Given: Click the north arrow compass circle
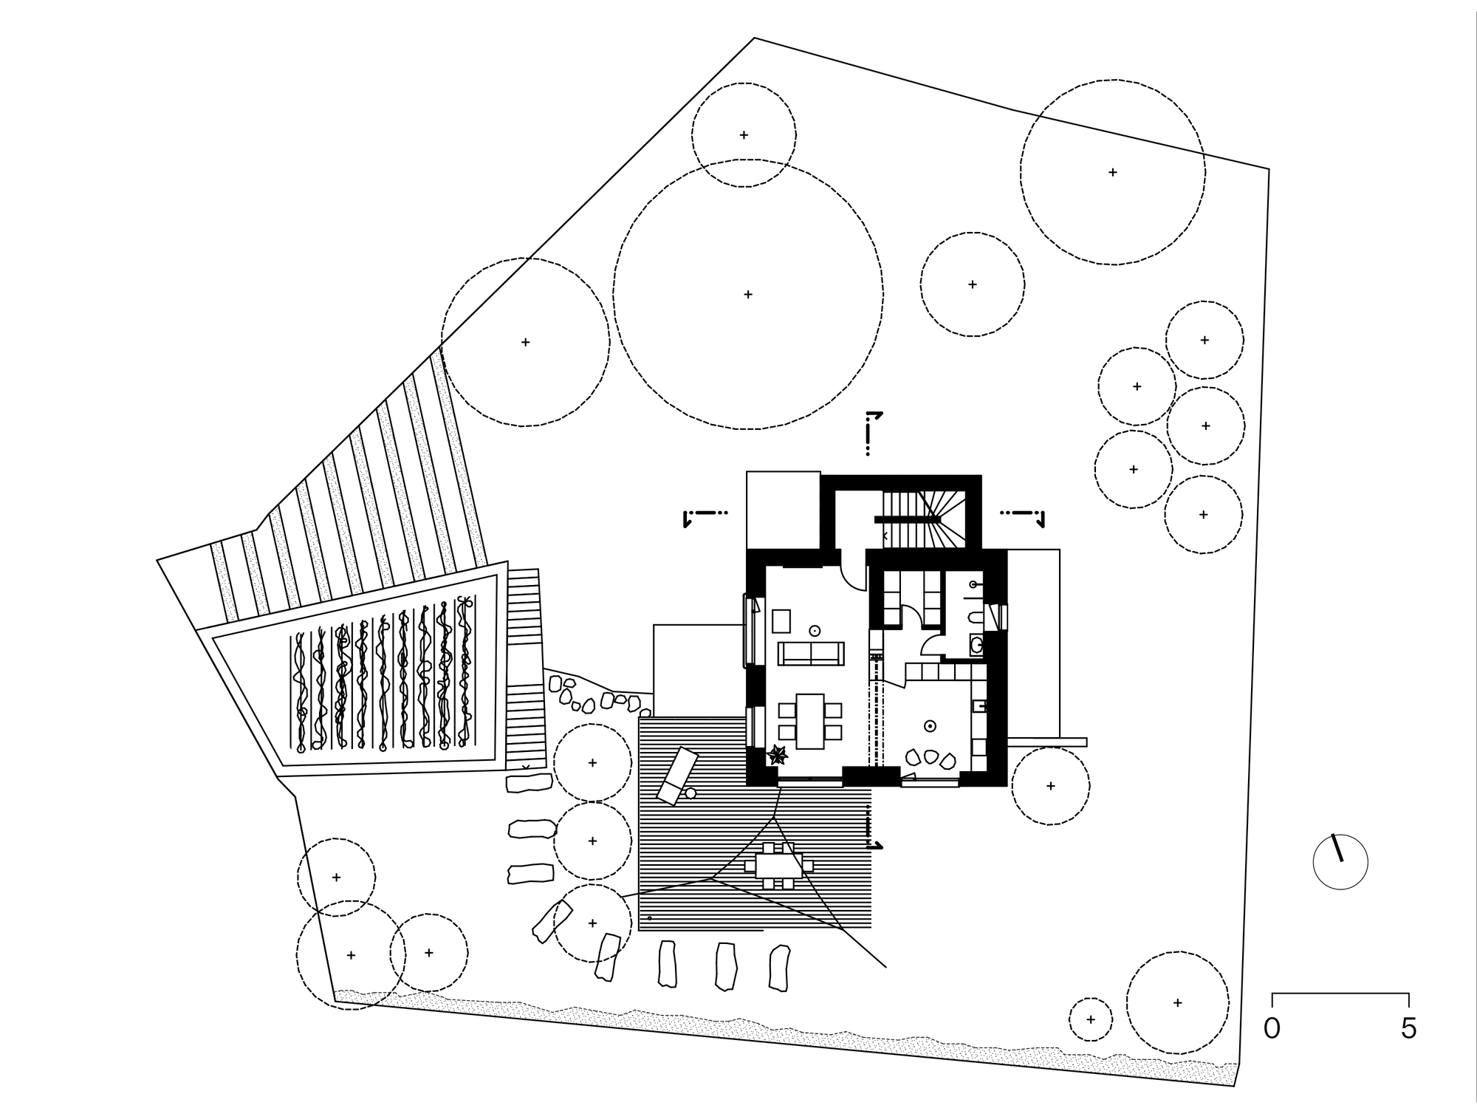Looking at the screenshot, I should [1340, 862].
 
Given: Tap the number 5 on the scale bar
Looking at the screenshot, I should [1408, 1029].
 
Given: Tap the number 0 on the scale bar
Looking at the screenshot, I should [1272, 1029].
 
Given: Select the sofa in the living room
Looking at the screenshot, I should [811, 653].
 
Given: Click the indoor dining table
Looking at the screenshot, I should [810, 721].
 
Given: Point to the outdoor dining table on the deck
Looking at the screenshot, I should [778, 865].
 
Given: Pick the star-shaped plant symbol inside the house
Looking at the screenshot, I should [777, 755].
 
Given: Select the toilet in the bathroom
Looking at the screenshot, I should [975, 618].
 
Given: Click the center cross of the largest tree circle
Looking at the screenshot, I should [748, 294].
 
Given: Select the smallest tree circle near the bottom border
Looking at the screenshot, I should [1091, 1019].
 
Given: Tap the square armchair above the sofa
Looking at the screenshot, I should [781, 620].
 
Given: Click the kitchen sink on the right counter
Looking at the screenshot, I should [981, 706].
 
